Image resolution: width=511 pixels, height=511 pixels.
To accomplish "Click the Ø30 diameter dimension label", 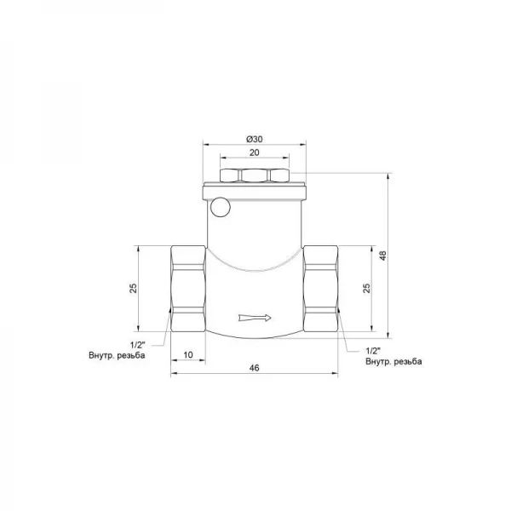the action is click(254, 139).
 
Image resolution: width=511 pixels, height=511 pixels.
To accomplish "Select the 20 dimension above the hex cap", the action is click(254, 152).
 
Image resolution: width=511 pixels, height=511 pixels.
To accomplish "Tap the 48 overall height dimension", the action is click(383, 255).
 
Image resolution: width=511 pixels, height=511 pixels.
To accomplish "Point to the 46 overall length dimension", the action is click(254, 368).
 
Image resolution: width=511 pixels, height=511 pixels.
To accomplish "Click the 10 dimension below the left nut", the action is click(188, 354).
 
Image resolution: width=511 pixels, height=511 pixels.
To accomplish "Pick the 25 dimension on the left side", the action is click(134, 289).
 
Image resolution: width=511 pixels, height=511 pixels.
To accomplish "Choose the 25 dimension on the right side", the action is click(367, 289).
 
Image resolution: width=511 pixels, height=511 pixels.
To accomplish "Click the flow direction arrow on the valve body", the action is click(255, 318).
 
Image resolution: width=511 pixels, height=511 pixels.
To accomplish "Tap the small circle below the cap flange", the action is click(221, 207).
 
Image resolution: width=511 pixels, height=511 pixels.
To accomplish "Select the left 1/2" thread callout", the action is click(137, 345).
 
